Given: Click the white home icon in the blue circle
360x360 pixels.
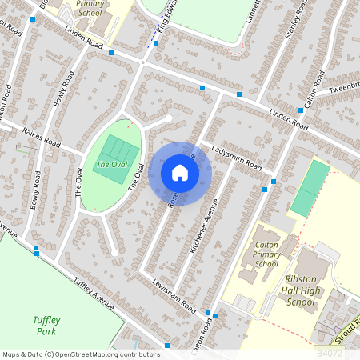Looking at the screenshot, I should (180, 173).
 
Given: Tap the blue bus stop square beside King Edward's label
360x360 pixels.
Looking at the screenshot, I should (155, 43).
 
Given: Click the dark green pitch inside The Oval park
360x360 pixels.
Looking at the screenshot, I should (118, 148).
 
